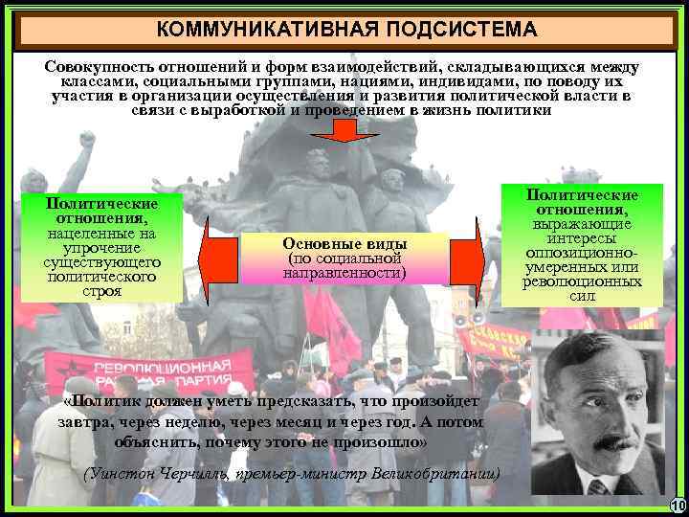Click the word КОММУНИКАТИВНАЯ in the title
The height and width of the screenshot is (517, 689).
265,30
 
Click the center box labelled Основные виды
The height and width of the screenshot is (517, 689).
344,258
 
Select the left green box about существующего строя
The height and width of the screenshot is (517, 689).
102,247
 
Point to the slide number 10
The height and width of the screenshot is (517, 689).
678,506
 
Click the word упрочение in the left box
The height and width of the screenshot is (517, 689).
102,247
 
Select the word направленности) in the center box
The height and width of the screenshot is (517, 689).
344,274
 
